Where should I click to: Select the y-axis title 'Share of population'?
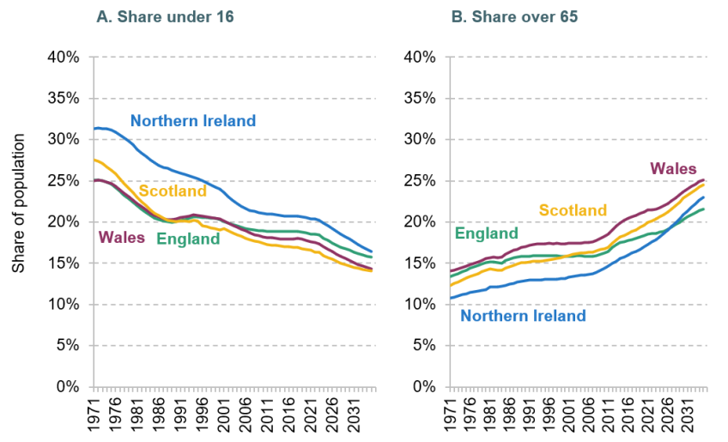18,204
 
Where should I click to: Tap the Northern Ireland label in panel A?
193,120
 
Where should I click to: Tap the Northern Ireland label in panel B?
524,315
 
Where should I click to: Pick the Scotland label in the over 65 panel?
573,210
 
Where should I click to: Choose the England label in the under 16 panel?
188,239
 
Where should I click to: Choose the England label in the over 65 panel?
486,233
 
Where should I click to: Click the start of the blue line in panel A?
94,128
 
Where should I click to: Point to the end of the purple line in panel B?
705,155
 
